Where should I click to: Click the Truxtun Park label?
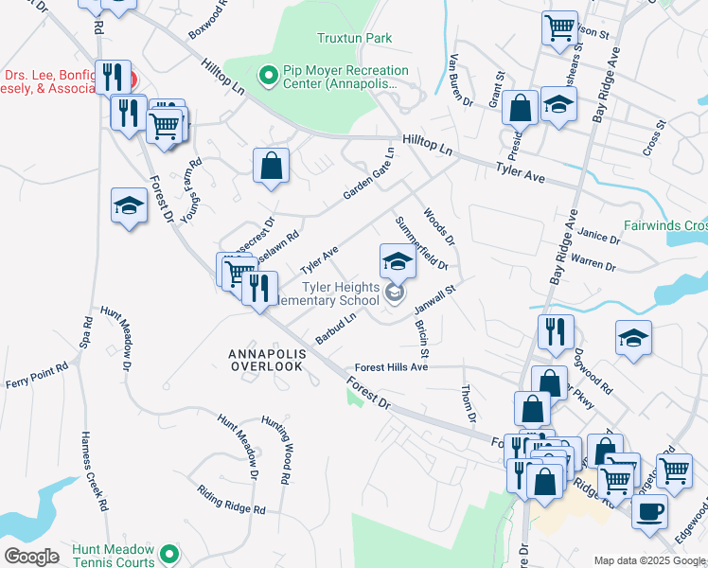[x=353, y=38]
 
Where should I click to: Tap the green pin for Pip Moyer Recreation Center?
[x=268, y=72]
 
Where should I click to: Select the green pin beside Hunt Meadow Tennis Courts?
[x=169, y=553]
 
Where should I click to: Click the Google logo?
[x=31, y=556]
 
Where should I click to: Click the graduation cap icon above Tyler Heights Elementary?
[x=398, y=260]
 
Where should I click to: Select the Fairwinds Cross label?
[x=664, y=225]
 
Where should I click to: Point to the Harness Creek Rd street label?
[x=95, y=470]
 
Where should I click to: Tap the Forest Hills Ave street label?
[x=392, y=367]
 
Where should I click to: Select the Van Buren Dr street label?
[x=460, y=81]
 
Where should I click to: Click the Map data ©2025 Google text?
[x=649, y=560]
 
